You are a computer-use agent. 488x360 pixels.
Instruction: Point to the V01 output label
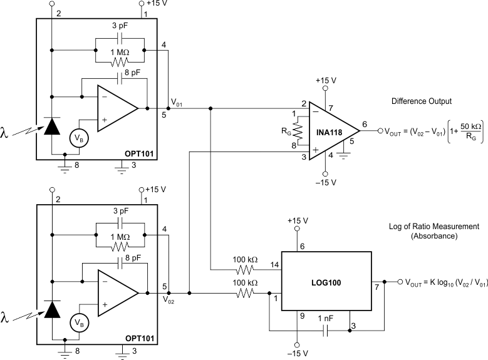click(177, 102)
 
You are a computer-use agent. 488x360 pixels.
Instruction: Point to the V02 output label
click(169, 300)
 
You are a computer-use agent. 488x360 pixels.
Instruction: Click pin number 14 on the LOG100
click(273, 264)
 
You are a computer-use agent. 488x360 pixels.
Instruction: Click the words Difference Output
click(421, 101)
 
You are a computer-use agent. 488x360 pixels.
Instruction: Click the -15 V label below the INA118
click(325, 182)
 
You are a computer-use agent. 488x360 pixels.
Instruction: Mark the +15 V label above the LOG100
click(298, 221)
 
